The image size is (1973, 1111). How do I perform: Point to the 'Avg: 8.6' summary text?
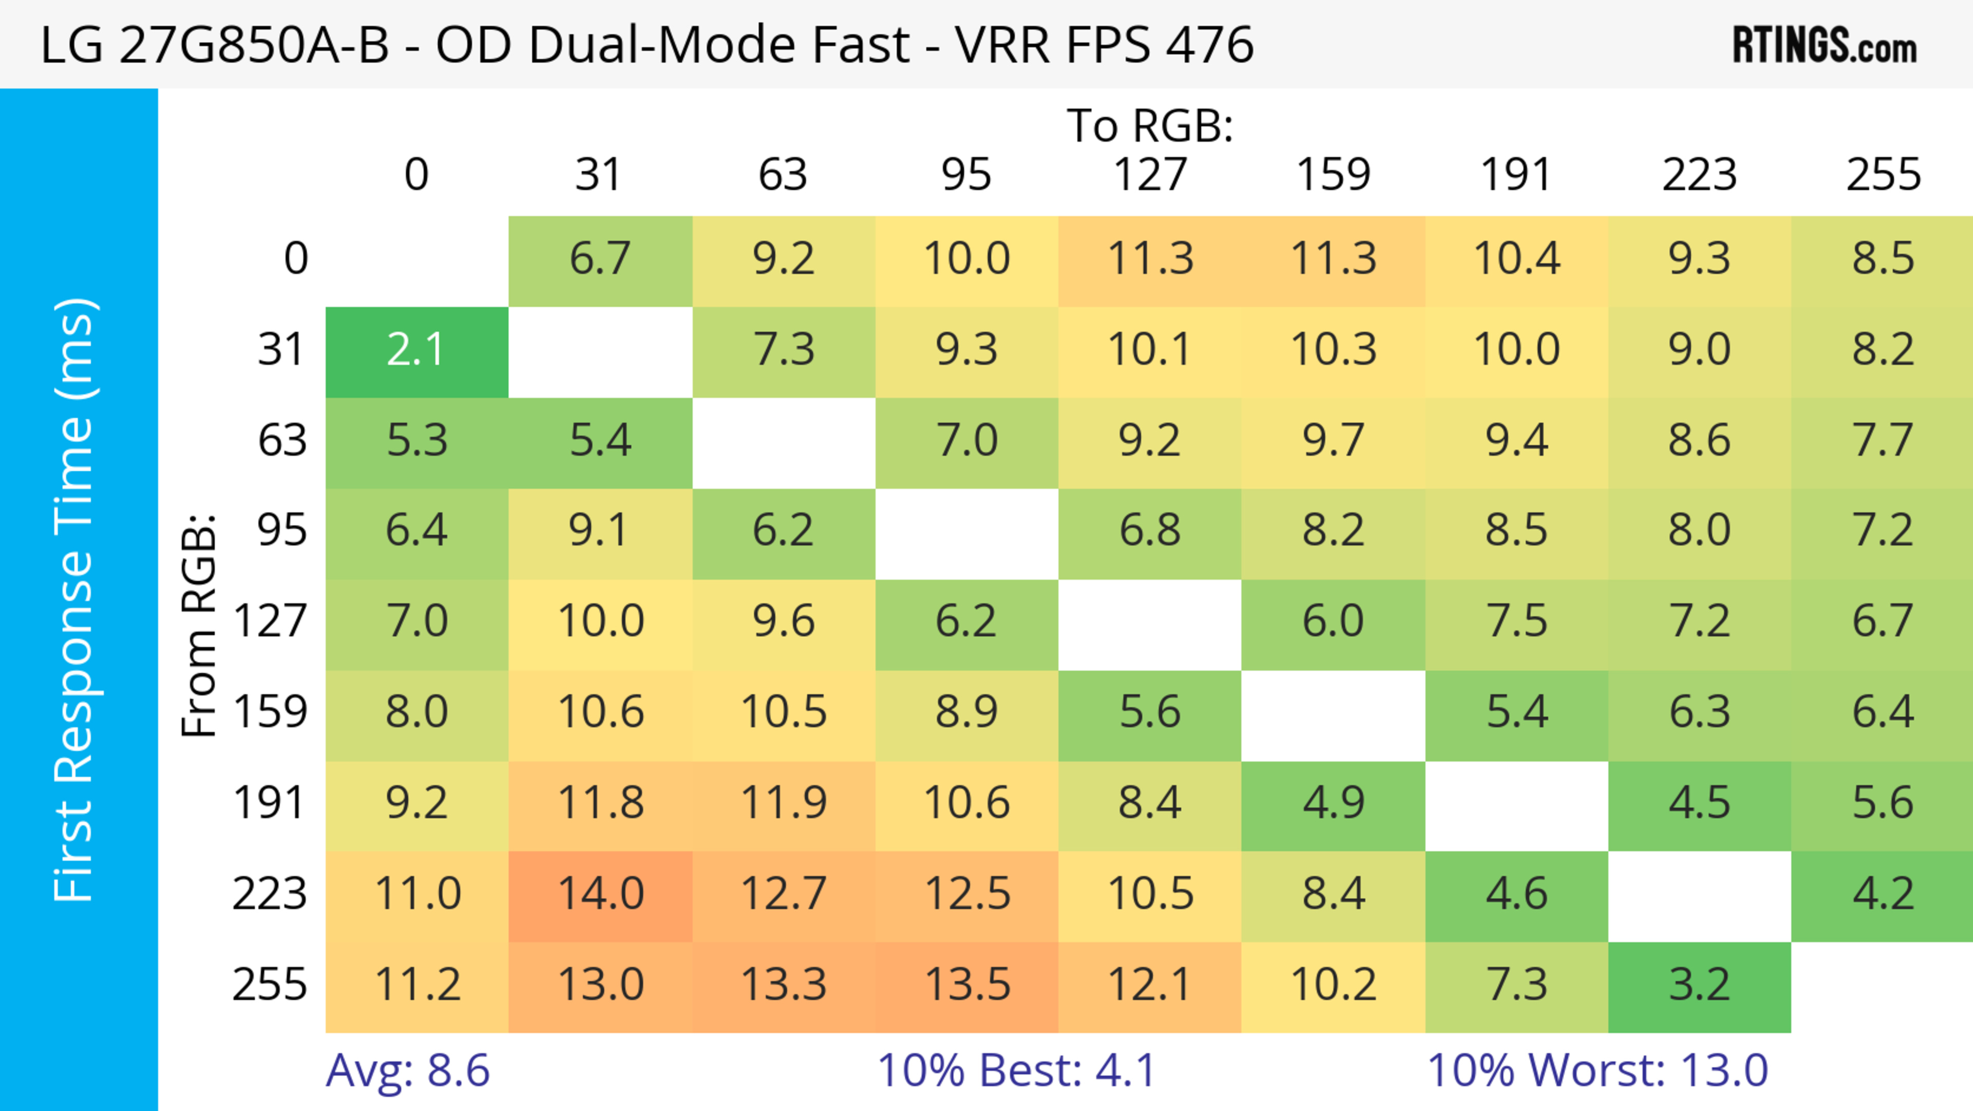[407, 1070]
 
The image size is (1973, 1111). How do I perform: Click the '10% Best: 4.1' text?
[1016, 1070]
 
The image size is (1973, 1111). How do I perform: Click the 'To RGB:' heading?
[1150, 125]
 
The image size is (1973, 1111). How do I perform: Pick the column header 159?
[1333, 175]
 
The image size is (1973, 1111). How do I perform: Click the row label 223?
[270, 894]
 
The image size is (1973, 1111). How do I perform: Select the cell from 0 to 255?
[1883, 259]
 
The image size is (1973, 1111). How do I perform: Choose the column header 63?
[783, 175]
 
